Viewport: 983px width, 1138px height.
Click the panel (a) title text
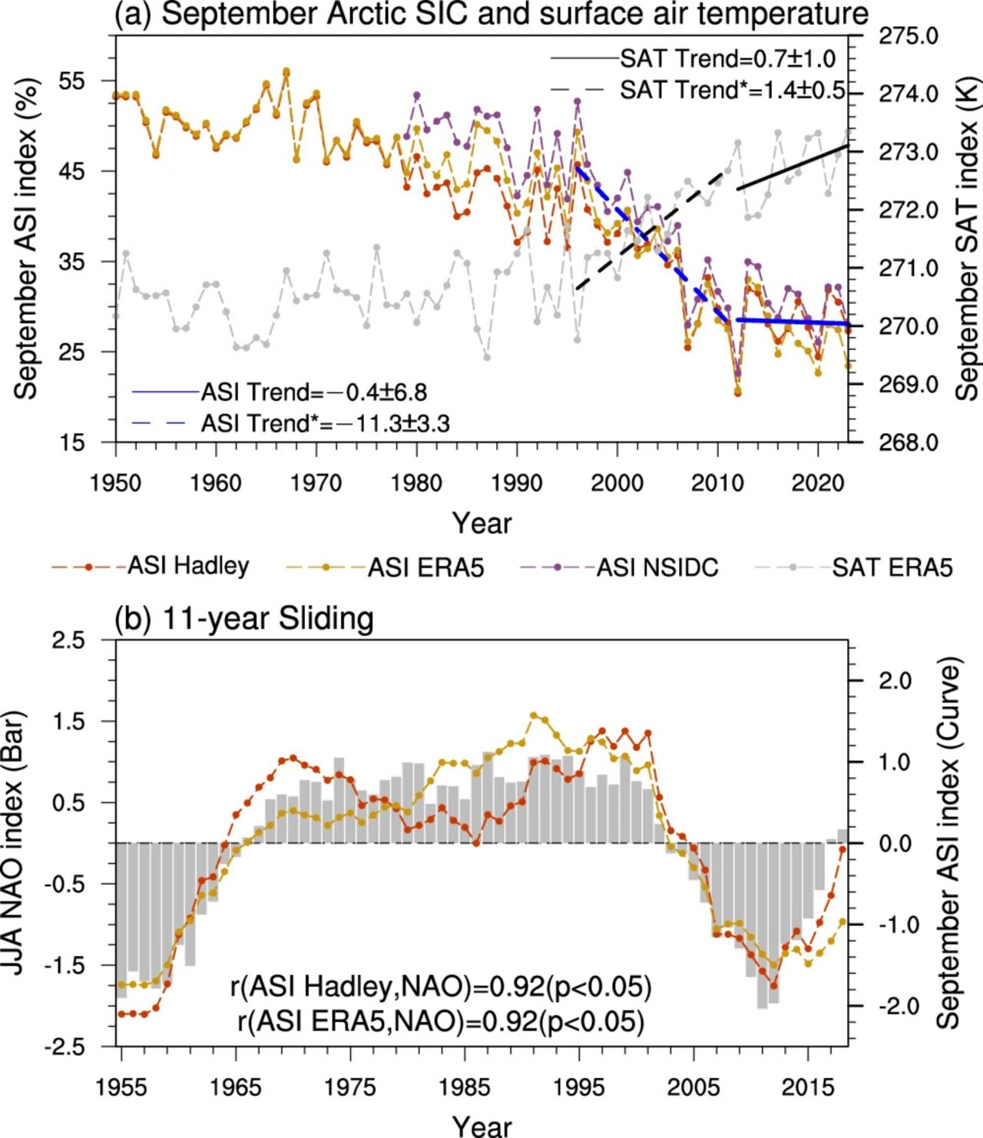pos(491,15)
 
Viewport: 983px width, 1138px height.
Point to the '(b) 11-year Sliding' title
pos(244,618)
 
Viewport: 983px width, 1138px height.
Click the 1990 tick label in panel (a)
pos(517,483)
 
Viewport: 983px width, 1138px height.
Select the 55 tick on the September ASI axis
pos(72,81)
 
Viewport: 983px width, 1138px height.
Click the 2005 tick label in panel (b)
pos(693,1087)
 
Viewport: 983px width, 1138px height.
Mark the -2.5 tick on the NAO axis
pos(68,1046)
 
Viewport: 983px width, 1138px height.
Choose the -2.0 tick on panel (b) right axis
pos(895,1005)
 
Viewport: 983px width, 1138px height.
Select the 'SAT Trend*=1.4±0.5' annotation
pos(732,90)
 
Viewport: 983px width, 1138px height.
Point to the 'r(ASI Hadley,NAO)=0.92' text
pos(441,986)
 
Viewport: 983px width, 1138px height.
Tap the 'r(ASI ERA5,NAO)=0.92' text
pos(441,1021)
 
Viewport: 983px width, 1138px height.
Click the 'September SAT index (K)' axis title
pos(967,238)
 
